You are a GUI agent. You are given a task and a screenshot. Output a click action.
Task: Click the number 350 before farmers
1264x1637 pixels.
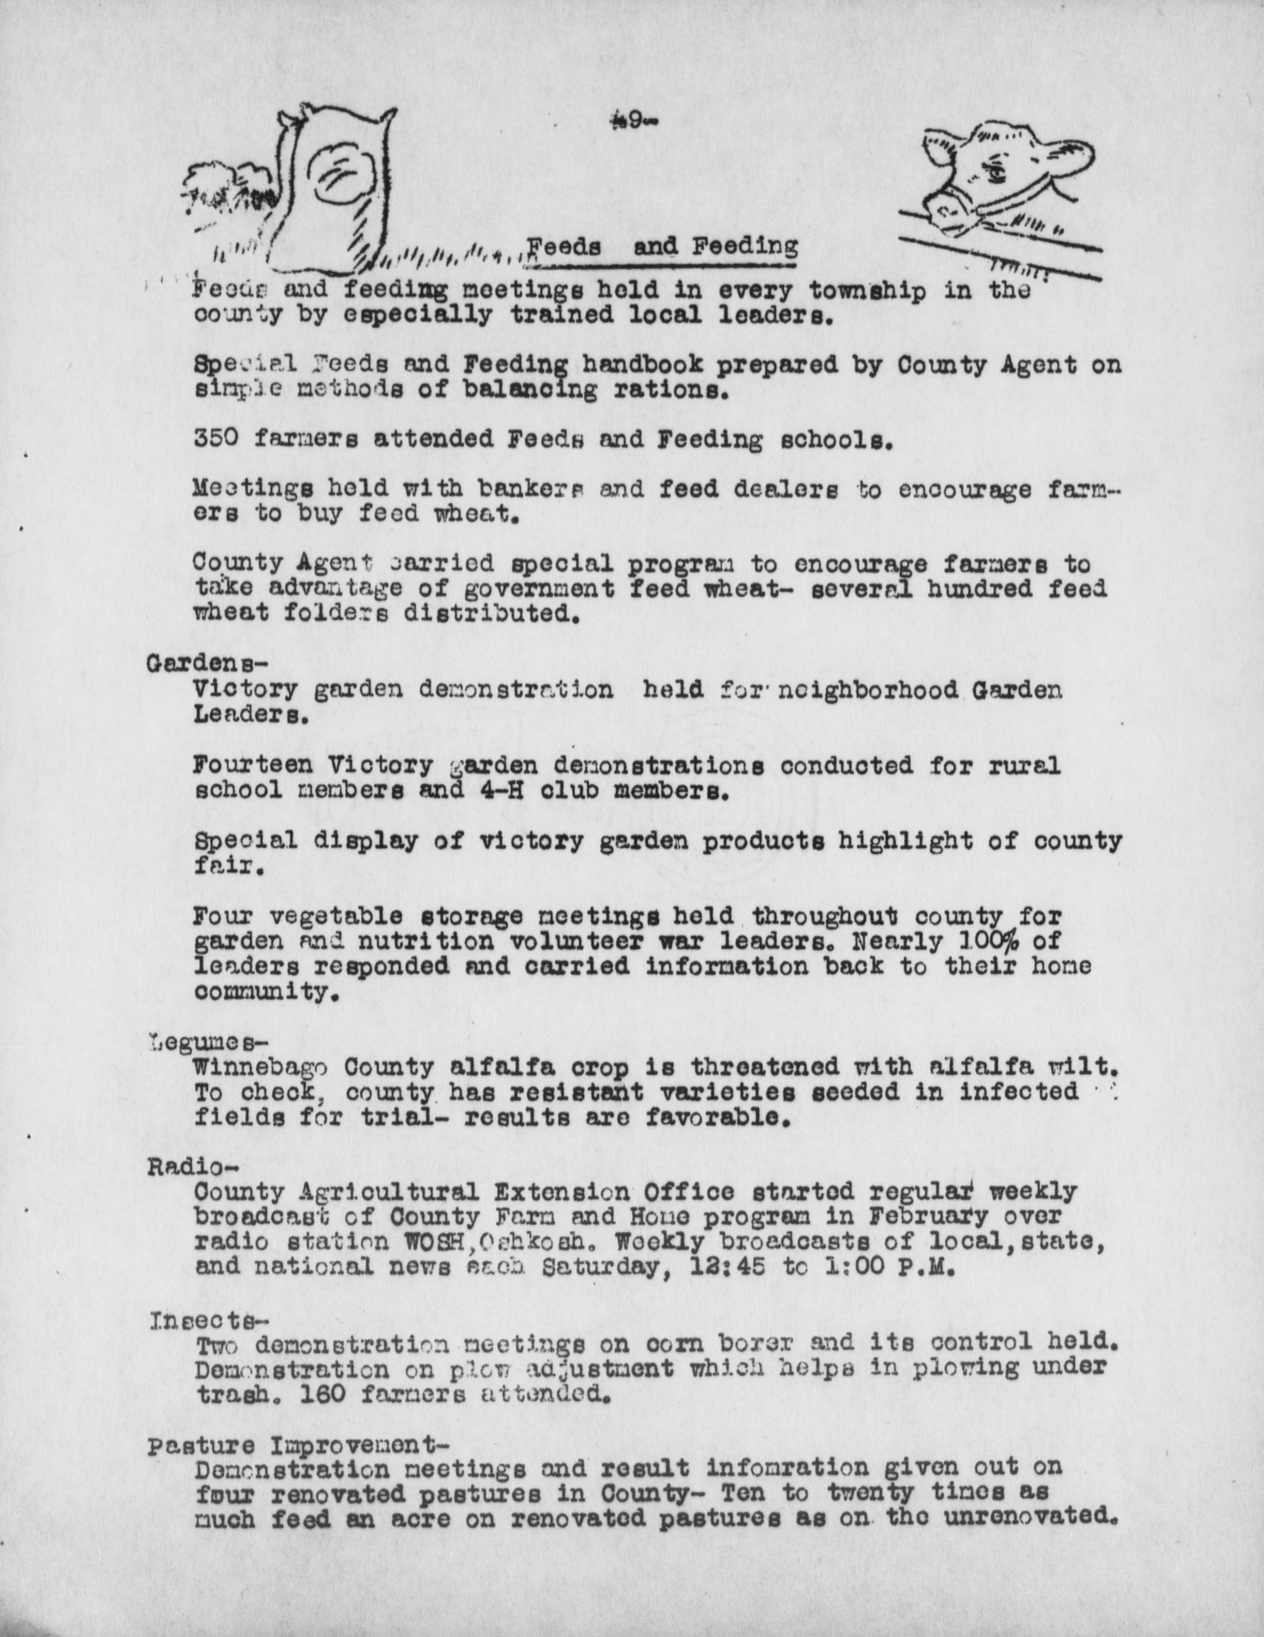coord(216,438)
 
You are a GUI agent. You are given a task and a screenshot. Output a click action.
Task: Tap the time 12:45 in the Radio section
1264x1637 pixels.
coord(727,1267)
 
